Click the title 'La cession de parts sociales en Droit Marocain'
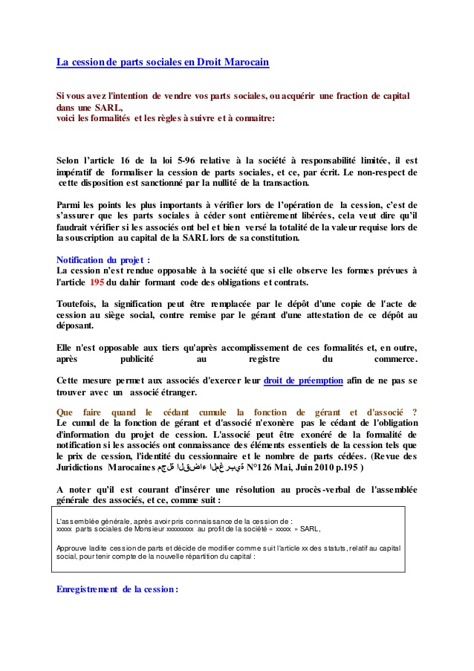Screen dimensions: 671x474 click(163, 62)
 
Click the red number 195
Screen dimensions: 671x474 click(97, 283)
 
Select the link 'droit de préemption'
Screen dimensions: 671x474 click(303, 380)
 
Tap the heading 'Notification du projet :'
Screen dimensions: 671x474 click(103, 260)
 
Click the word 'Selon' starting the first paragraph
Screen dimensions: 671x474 click(70, 160)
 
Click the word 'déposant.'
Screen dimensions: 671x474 click(75, 325)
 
